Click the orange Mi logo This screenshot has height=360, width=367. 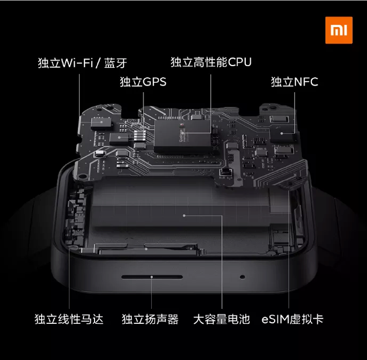click(x=339, y=30)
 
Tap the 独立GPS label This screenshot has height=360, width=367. click(x=143, y=82)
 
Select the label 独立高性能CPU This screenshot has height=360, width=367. click(x=211, y=62)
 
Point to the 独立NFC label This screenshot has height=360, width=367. click(x=294, y=82)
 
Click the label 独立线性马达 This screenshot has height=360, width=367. click(x=69, y=319)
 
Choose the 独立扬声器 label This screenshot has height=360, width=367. click(x=150, y=319)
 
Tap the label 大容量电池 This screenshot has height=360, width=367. click(x=221, y=319)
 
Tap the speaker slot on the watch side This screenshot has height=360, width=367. click(x=151, y=276)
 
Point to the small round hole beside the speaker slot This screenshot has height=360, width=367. click(x=242, y=276)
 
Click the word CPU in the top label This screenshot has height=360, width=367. click(x=240, y=62)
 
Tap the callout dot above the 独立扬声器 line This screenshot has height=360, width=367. click(x=152, y=276)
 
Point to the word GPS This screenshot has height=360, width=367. click(x=155, y=82)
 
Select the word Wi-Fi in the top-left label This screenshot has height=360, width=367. click(x=76, y=62)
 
